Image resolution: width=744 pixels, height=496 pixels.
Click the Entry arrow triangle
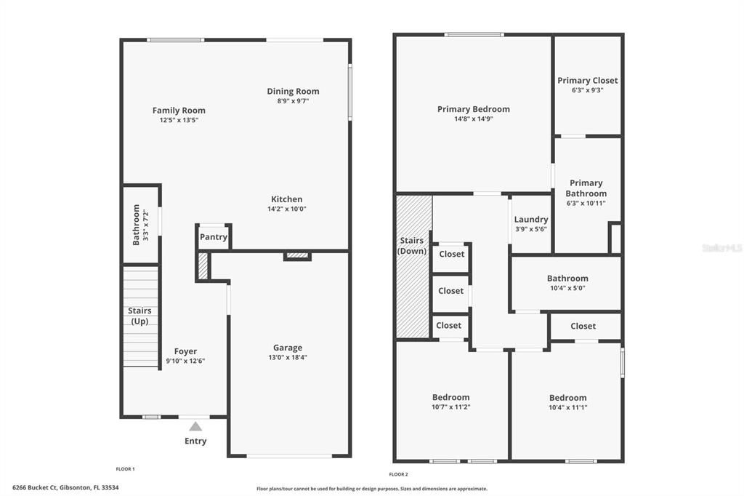pyautogui.click(x=195, y=428)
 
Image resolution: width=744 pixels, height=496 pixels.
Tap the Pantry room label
pyautogui.click(x=214, y=237)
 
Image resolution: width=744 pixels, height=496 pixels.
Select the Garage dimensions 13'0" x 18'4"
pyautogui.click(x=288, y=358)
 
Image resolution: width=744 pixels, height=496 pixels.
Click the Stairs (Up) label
pyautogui.click(x=139, y=316)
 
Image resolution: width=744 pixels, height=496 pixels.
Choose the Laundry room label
pyautogui.click(x=531, y=220)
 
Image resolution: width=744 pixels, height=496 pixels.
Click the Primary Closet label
pyautogui.click(x=587, y=81)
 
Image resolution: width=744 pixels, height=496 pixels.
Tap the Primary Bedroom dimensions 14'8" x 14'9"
pyautogui.click(x=473, y=119)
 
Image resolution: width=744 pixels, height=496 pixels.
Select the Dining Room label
pyautogui.click(x=293, y=92)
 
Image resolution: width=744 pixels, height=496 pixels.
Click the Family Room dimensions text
pyautogui.click(x=179, y=120)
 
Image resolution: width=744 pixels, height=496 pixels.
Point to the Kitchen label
pyautogui.click(x=287, y=199)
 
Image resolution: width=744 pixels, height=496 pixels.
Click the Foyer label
pyautogui.click(x=185, y=351)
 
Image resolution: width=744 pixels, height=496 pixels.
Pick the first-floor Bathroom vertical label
pyautogui.click(x=136, y=224)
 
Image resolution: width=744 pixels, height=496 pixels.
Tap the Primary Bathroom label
pyautogui.click(x=586, y=188)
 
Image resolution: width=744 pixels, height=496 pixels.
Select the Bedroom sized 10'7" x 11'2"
pyautogui.click(x=450, y=397)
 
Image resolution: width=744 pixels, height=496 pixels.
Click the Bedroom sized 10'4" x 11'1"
pyautogui.click(x=567, y=398)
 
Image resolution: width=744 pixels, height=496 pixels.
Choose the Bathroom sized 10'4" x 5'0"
pyautogui.click(x=567, y=279)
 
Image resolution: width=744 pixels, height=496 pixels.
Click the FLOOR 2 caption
pyautogui.click(x=398, y=473)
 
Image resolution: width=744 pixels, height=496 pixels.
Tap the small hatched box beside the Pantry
pyautogui.click(x=203, y=265)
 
